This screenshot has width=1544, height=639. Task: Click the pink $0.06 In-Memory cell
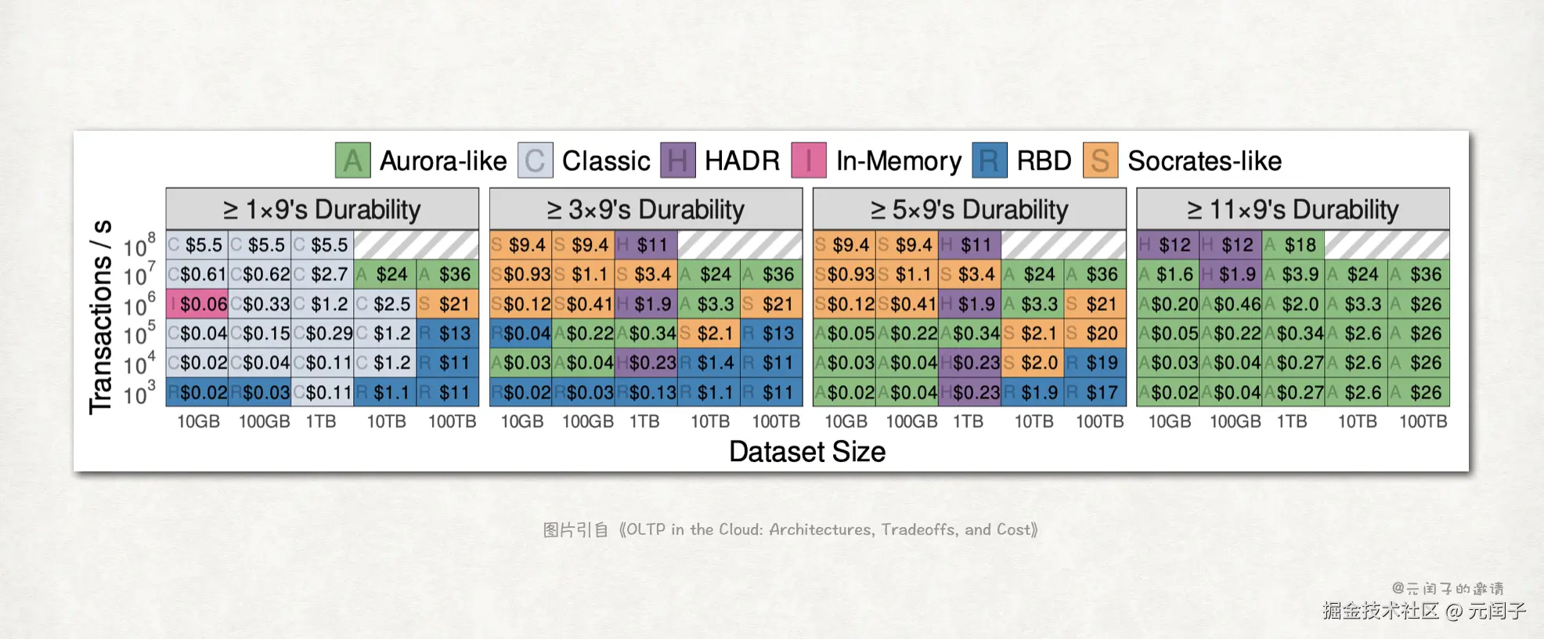[x=197, y=304]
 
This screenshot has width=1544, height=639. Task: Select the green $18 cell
[x=1293, y=245]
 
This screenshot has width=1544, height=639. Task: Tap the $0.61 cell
[x=197, y=275]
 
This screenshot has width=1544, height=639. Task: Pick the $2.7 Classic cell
[x=322, y=275]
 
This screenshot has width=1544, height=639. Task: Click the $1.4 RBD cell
[x=709, y=363]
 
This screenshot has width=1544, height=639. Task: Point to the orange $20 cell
[x=1095, y=334]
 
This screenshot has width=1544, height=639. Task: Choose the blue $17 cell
[x=1095, y=392]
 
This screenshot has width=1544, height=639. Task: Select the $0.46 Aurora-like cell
[x=1230, y=304]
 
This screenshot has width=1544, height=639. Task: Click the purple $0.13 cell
[x=646, y=392]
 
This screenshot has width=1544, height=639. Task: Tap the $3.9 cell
[x=1293, y=275]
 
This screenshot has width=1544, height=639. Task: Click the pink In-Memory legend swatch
[x=809, y=161]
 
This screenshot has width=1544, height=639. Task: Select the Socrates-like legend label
[x=1204, y=161]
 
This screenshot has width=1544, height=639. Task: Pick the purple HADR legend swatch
[x=677, y=161]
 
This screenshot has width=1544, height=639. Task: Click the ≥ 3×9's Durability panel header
[x=646, y=209]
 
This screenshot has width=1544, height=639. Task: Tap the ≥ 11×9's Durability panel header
[x=1293, y=209]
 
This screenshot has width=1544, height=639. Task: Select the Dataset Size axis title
[x=807, y=452]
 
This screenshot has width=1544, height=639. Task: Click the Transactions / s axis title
[x=101, y=317]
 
